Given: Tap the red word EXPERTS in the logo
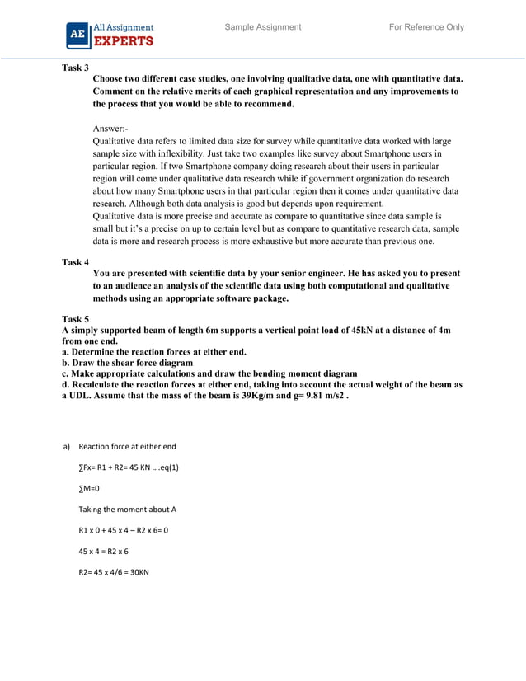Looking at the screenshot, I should (123, 40).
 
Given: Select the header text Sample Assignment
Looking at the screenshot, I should (263, 27).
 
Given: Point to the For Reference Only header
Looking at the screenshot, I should (426, 27).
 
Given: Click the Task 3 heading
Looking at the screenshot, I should (76, 68).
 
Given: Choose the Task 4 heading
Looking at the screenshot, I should (76, 262).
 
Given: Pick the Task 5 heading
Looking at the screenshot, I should (76, 318).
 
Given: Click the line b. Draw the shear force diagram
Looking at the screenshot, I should (128, 363).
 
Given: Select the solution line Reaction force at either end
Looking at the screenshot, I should (127, 447).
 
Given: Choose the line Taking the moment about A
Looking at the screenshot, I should (128, 509).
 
